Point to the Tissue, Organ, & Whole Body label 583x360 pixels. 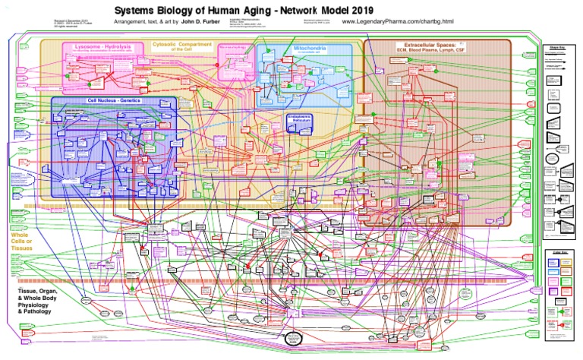pyautogui.click(x=38, y=298)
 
